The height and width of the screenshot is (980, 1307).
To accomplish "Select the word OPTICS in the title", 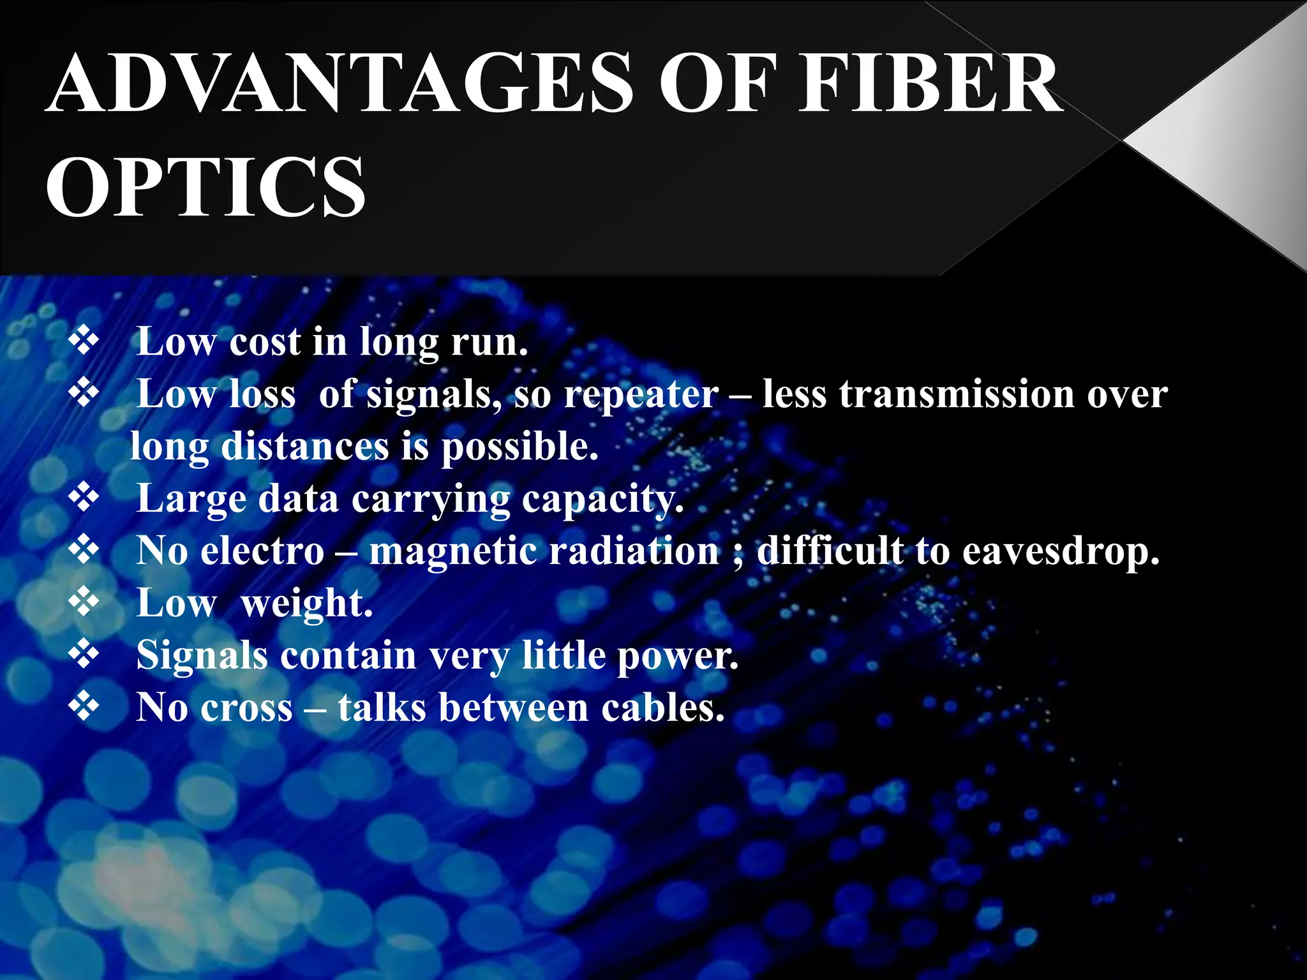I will tap(205, 187).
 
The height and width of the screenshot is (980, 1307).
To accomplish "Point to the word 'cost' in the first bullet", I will tap(264, 342).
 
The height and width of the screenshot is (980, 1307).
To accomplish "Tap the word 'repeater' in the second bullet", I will tap(641, 394).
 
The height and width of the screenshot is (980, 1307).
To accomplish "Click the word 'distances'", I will tap(304, 446).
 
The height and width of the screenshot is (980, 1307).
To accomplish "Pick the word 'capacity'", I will tap(602, 500).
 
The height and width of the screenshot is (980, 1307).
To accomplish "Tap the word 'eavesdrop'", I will tap(1060, 551).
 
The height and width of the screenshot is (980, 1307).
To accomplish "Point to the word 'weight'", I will tap(306, 604).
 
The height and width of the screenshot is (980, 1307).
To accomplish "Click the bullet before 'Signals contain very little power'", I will tap(84, 654).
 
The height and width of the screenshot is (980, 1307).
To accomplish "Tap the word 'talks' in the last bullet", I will tap(382, 708).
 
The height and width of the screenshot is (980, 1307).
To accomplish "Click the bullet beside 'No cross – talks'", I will tap(84, 706).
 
